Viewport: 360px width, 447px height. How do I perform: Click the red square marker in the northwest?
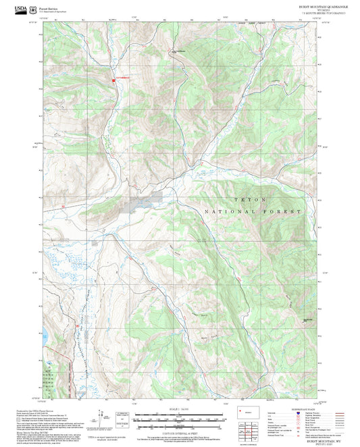click(x=113, y=82)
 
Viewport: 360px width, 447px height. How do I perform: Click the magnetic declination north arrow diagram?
click(x=105, y=419)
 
